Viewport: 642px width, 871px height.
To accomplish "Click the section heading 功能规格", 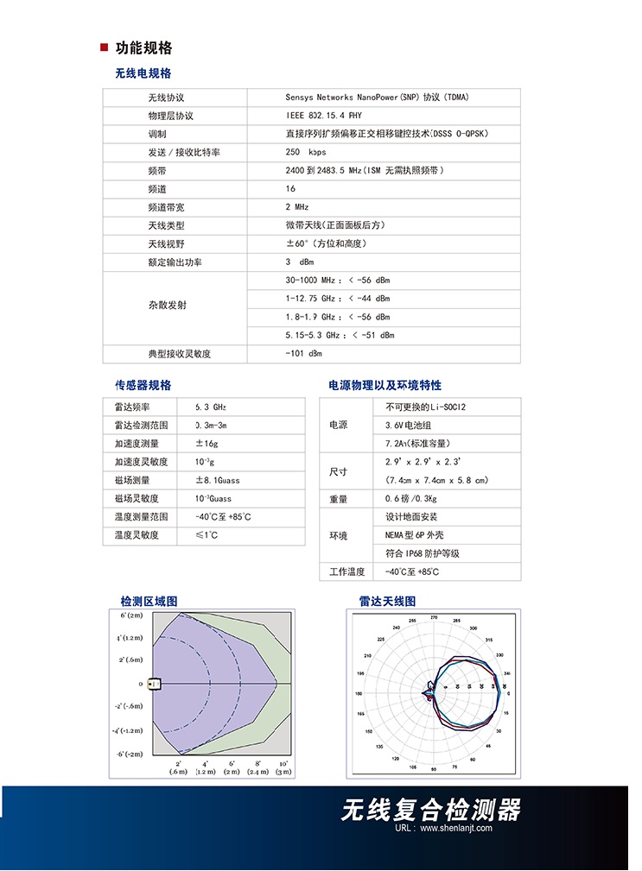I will pos(143,48).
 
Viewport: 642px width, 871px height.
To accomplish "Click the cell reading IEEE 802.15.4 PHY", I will pos(324,116).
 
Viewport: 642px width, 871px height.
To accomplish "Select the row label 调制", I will pos(157,134).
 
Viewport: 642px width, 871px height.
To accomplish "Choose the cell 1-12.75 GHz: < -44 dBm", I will pos(337,299).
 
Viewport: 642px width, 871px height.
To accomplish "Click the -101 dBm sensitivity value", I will pos(303,354).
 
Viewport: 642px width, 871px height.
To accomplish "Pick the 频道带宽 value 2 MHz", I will pos(296,207).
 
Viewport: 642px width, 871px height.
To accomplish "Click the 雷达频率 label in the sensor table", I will pos(132,407).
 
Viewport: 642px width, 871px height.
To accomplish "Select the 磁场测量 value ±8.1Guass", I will pos(218,480).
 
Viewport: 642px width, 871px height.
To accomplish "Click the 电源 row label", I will pos(339,426).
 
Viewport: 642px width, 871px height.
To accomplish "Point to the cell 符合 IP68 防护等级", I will pos(422,553).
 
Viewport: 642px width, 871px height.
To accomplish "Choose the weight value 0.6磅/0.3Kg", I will pos(411,499).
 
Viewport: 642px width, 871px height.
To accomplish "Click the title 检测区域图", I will pos(149,601).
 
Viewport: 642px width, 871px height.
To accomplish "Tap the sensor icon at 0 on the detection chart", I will pos(155,685).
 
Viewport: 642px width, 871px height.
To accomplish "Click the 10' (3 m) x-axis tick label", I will pos(283,767).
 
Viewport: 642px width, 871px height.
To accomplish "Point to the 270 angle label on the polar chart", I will pos(434,619).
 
